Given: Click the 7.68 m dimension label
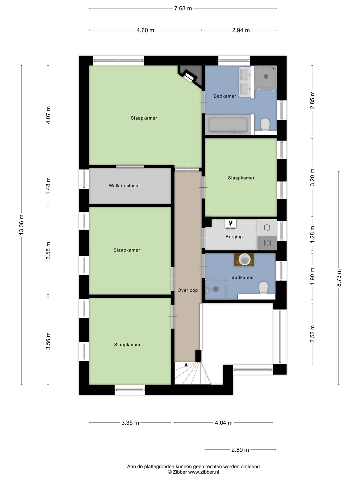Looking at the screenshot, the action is [183, 8].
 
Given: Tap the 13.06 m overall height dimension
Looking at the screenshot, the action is [21, 225].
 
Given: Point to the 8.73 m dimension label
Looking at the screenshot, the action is [339, 278].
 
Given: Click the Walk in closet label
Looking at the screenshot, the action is [124, 186].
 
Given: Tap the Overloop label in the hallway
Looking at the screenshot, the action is [188, 290].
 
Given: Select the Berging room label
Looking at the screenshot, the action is [234, 237].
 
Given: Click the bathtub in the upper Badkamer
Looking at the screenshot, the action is [228, 125].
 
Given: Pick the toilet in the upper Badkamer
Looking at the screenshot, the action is [265, 124].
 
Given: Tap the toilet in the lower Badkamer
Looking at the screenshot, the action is [263, 288].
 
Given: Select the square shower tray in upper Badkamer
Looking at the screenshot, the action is [266, 77].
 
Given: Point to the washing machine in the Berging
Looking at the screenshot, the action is [267, 243].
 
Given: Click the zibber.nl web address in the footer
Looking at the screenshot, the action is [203, 472].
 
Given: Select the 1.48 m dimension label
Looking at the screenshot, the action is [48, 186].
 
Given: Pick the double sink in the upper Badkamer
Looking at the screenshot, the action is [245, 82].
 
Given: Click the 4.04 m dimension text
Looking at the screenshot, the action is [224, 423].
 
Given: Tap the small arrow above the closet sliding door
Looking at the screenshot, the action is [122, 163].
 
